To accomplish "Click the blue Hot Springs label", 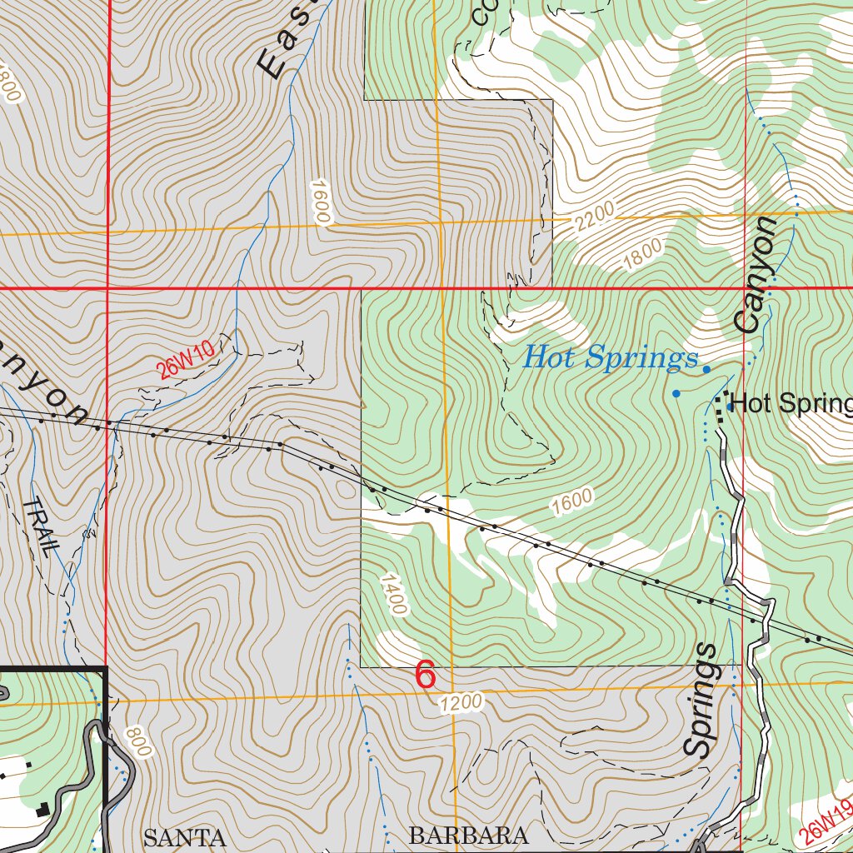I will (x=610, y=358).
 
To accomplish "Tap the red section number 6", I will (x=425, y=676).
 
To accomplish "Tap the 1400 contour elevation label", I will (x=393, y=594).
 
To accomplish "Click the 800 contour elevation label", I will (x=138, y=742).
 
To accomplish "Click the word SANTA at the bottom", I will (x=185, y=837).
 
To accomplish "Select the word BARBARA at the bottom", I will (x=469, y=835).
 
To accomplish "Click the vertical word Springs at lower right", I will (x=700, y=700).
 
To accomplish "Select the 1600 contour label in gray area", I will (x=321, y=201).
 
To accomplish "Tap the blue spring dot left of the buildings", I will (x=676, y=393).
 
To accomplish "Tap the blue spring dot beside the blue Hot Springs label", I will (x=706, y=369).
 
